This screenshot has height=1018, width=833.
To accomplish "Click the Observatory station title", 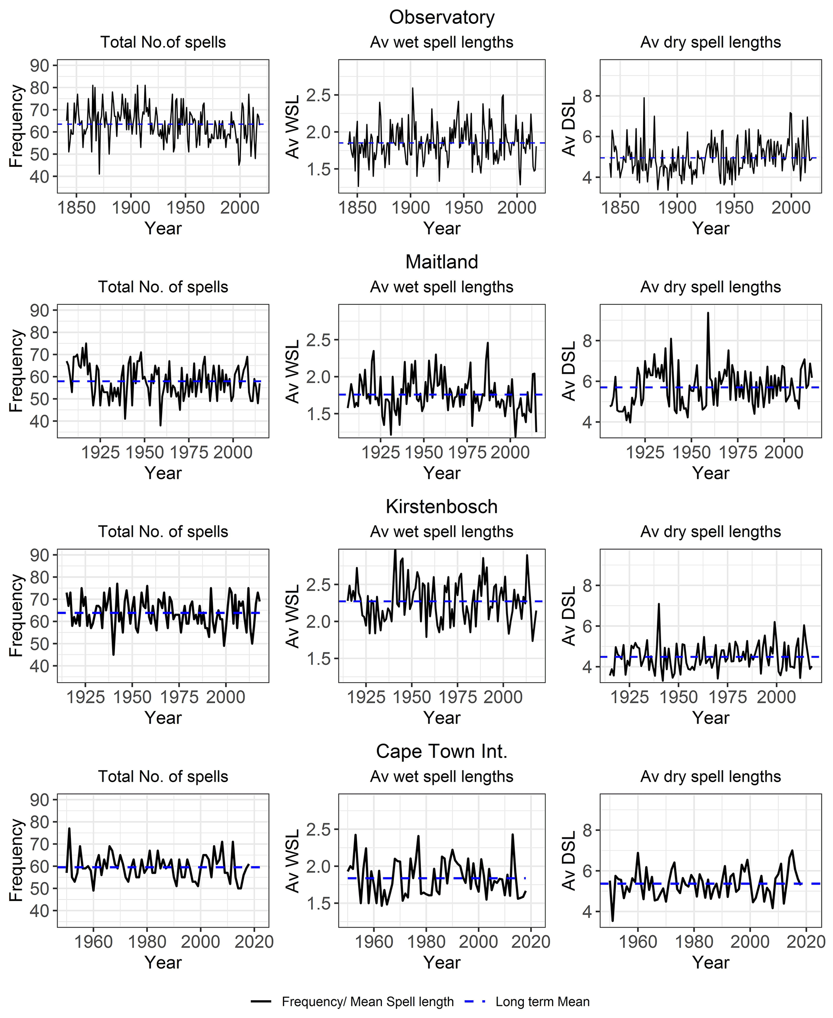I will [x=441, y=17].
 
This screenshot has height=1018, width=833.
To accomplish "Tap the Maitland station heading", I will [x=441, y=262].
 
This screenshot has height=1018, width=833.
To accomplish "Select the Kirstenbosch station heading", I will [x=441, y=507].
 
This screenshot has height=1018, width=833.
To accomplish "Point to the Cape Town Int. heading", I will [x=441, y=752].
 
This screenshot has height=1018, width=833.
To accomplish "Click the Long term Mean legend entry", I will [x=542, y=1002].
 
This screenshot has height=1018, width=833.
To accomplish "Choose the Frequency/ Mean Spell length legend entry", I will [x=368, y=1002].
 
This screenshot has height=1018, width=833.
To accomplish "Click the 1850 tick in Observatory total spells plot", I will [x=76, y=208].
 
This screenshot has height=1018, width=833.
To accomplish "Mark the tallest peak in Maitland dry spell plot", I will [x=708, y=313].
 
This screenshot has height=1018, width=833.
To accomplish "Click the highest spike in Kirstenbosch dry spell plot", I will [x=659, y=604].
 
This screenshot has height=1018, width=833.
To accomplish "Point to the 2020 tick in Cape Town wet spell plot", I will [x=531, y=942].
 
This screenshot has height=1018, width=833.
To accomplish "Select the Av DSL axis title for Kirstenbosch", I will [x=569, y=616].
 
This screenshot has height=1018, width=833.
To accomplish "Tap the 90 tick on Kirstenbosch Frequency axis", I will [x=40, y=555].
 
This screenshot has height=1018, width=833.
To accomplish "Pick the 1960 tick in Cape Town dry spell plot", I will [x=638, y=942].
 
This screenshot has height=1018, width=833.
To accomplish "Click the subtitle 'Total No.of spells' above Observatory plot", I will [x=163, y=42].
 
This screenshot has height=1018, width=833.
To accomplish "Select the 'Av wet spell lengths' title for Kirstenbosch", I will [x=441, y=532].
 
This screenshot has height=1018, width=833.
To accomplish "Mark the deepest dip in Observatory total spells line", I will [x=99, y=174].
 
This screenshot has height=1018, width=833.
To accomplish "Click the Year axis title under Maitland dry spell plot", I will [x=710, y=473].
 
